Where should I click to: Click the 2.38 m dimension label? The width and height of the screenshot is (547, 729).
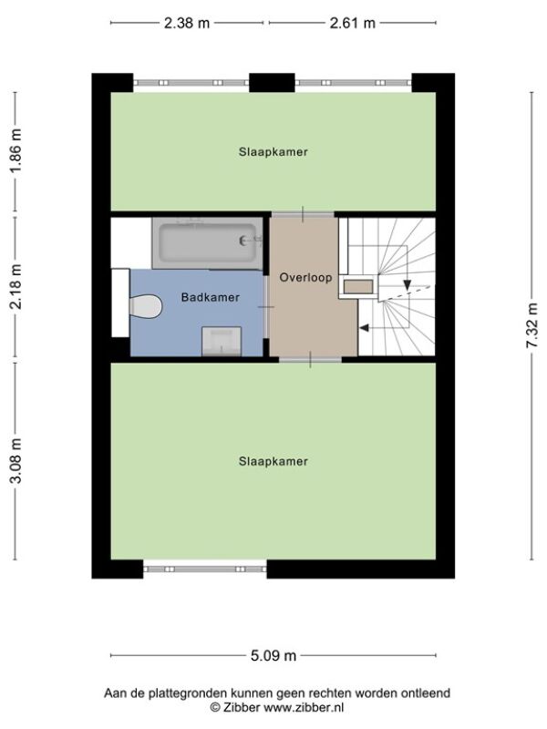click(187, 23)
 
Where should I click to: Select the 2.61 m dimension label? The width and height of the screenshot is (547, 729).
click(352, 23)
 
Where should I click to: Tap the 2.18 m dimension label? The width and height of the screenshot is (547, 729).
click(16, 286)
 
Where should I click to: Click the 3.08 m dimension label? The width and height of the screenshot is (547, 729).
click(16, 460)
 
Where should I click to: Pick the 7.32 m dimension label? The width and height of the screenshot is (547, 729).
click(532, 325)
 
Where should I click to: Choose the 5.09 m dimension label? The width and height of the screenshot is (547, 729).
click(273, 655)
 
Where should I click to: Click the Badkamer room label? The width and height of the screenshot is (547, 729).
click(211, 298)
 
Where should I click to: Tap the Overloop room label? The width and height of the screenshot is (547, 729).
click(305, 278)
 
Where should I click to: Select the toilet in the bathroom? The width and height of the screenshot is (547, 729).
click(145, 306)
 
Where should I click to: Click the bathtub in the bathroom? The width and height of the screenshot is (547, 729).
click(207, 243)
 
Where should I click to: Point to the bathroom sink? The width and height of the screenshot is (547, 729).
click(222, 342)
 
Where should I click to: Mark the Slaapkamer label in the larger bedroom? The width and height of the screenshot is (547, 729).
click(273, 461)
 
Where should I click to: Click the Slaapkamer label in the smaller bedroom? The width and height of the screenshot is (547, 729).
click(273, 152)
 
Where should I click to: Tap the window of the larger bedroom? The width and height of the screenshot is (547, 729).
click(204, 569)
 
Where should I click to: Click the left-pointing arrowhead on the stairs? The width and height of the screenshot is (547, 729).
click(364, 328)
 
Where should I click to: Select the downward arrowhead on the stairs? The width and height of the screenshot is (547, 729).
click(408, 285)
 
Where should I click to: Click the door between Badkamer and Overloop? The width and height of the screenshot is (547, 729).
click(265, 307)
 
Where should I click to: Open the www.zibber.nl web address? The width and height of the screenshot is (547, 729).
click(304, 708)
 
